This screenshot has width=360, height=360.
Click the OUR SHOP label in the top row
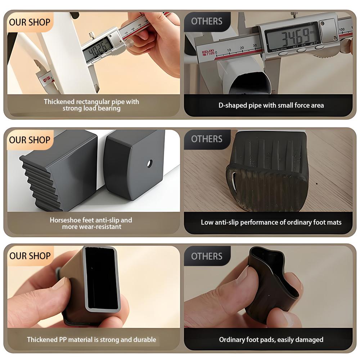30,22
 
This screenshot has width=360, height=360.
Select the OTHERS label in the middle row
207,139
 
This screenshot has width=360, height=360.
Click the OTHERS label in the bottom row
207,256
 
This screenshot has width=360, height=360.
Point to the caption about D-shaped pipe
271,105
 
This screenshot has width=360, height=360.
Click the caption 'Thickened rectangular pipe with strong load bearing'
91,105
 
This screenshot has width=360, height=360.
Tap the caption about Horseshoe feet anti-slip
91,223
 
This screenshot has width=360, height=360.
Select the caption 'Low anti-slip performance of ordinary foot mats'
271,222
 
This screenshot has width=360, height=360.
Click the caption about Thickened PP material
91,339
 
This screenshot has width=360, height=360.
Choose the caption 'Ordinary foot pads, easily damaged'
271,339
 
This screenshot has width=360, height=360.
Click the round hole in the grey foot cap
150,163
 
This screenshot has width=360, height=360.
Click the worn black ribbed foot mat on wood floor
268,171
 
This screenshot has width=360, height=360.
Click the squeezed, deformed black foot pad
274,284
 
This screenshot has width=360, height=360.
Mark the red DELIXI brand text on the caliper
207,53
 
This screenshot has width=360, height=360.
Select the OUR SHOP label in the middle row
30,140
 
